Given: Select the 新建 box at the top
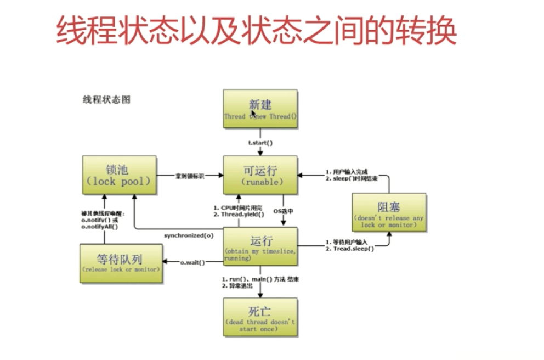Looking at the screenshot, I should tap(260, 109).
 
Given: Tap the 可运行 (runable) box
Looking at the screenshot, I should tap(260, 175).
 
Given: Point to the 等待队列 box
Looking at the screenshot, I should tap(121, 263).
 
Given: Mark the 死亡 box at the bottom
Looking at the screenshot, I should tap(260, 317).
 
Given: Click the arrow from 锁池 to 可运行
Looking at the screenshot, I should tap(189, 176).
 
